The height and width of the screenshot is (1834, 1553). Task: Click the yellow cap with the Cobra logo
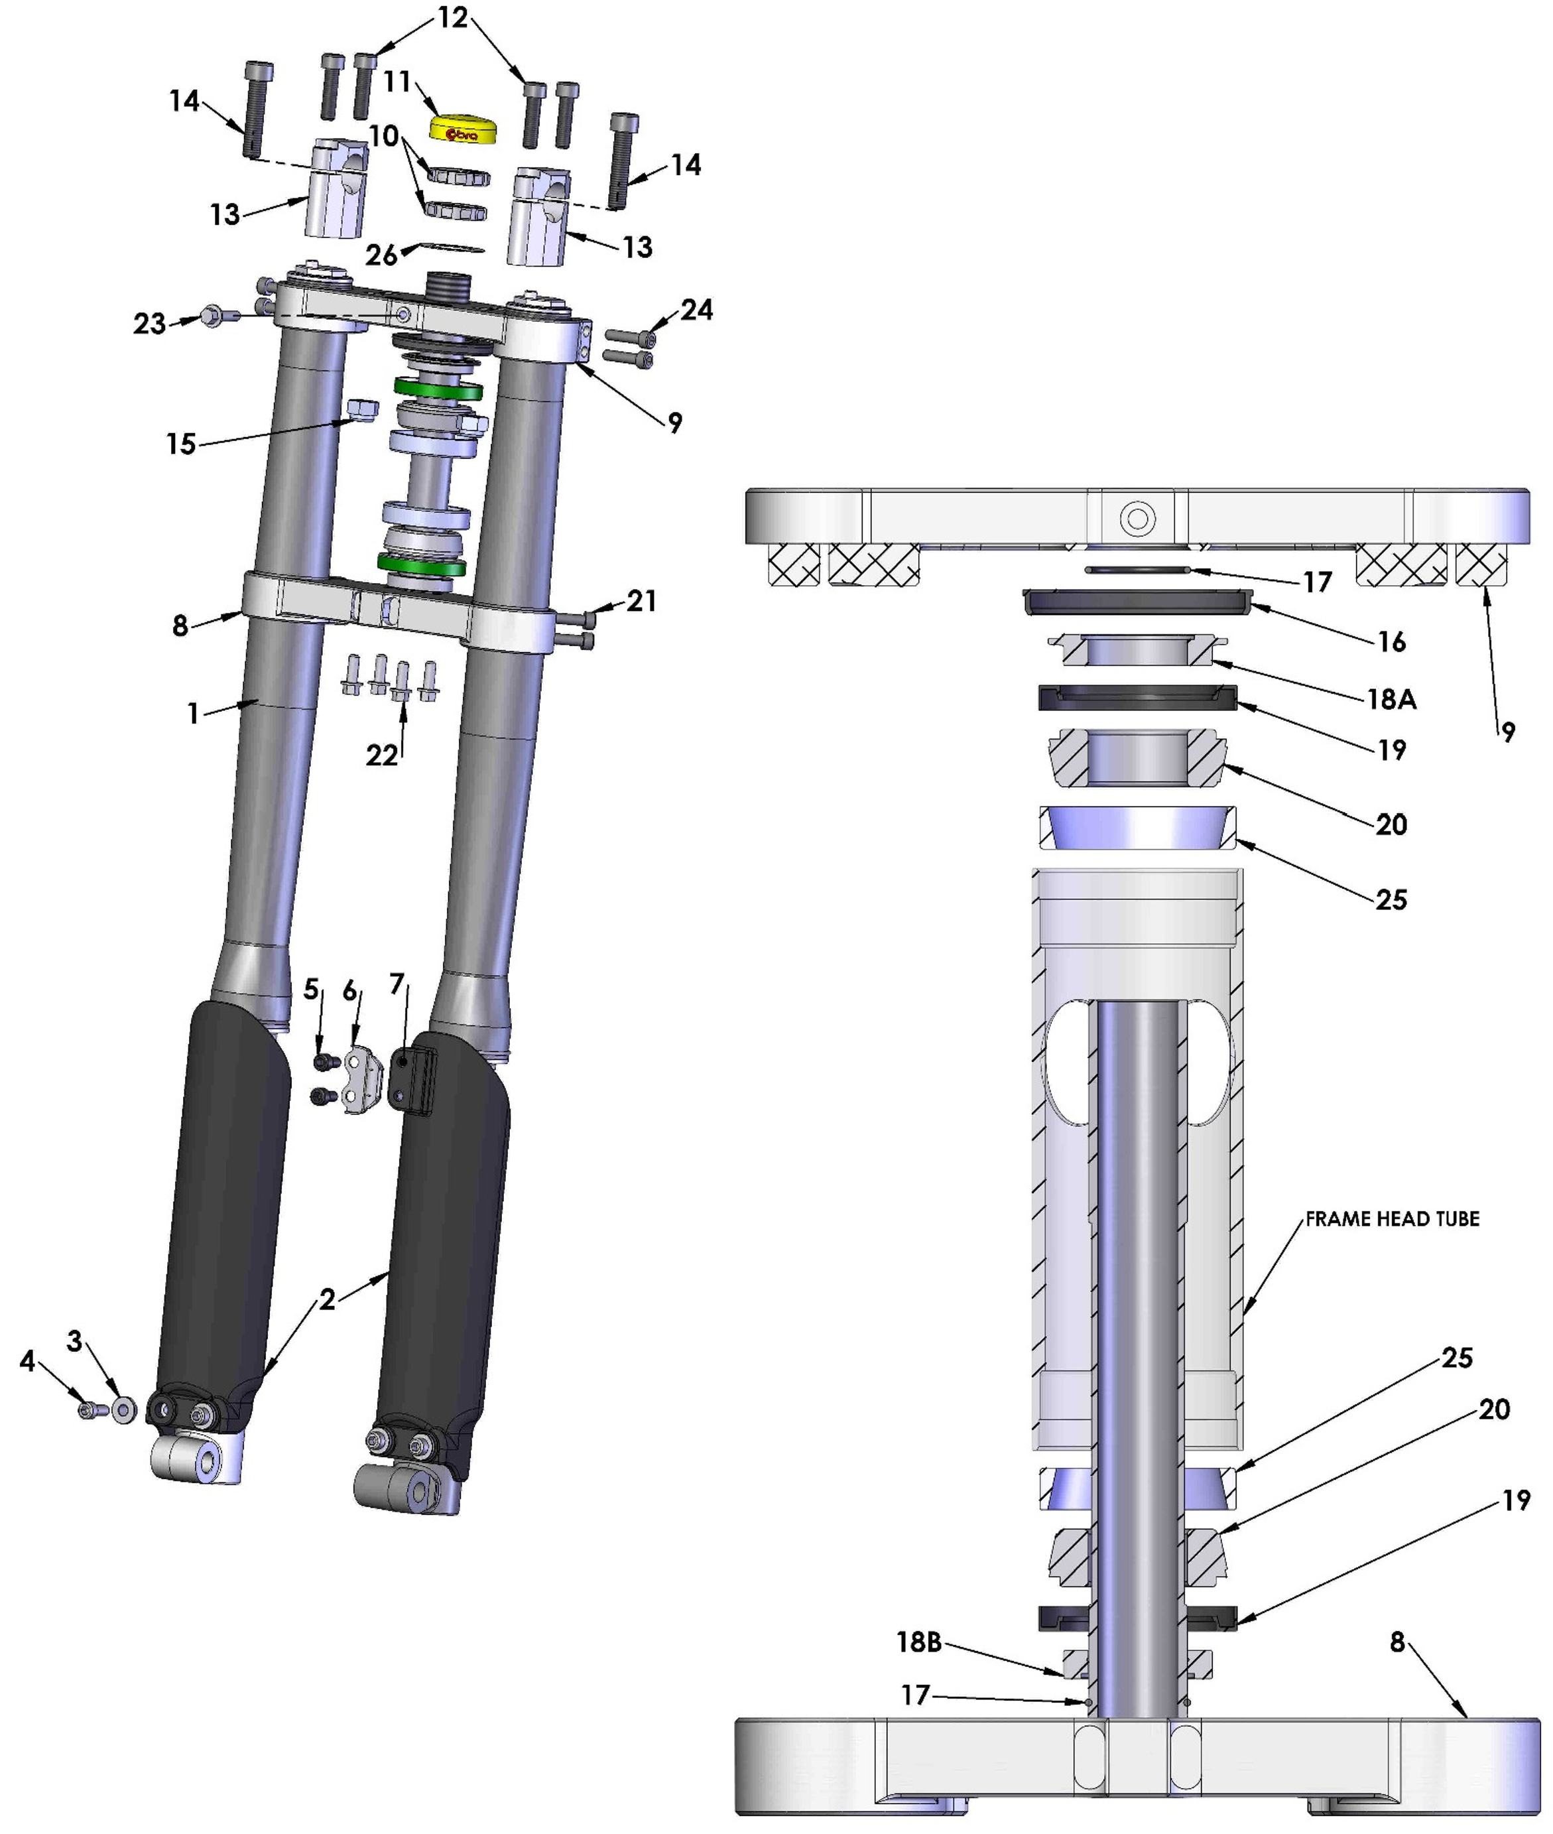click(x=462, y=129)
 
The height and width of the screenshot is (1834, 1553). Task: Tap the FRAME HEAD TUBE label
click(x=1392, y=1218)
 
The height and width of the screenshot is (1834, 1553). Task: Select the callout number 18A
click(x=1391, y=699)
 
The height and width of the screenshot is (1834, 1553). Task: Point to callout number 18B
click(x=919, y=1642)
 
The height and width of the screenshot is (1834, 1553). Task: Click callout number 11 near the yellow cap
click(x=398, y=82)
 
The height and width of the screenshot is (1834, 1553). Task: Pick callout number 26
click(x=381, y=255)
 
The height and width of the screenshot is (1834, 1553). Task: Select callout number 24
click(x=696, y=310)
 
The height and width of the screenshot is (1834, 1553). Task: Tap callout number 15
click(x=181, y=444)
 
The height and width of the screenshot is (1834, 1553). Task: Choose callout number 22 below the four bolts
click(x=381, y=755)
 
